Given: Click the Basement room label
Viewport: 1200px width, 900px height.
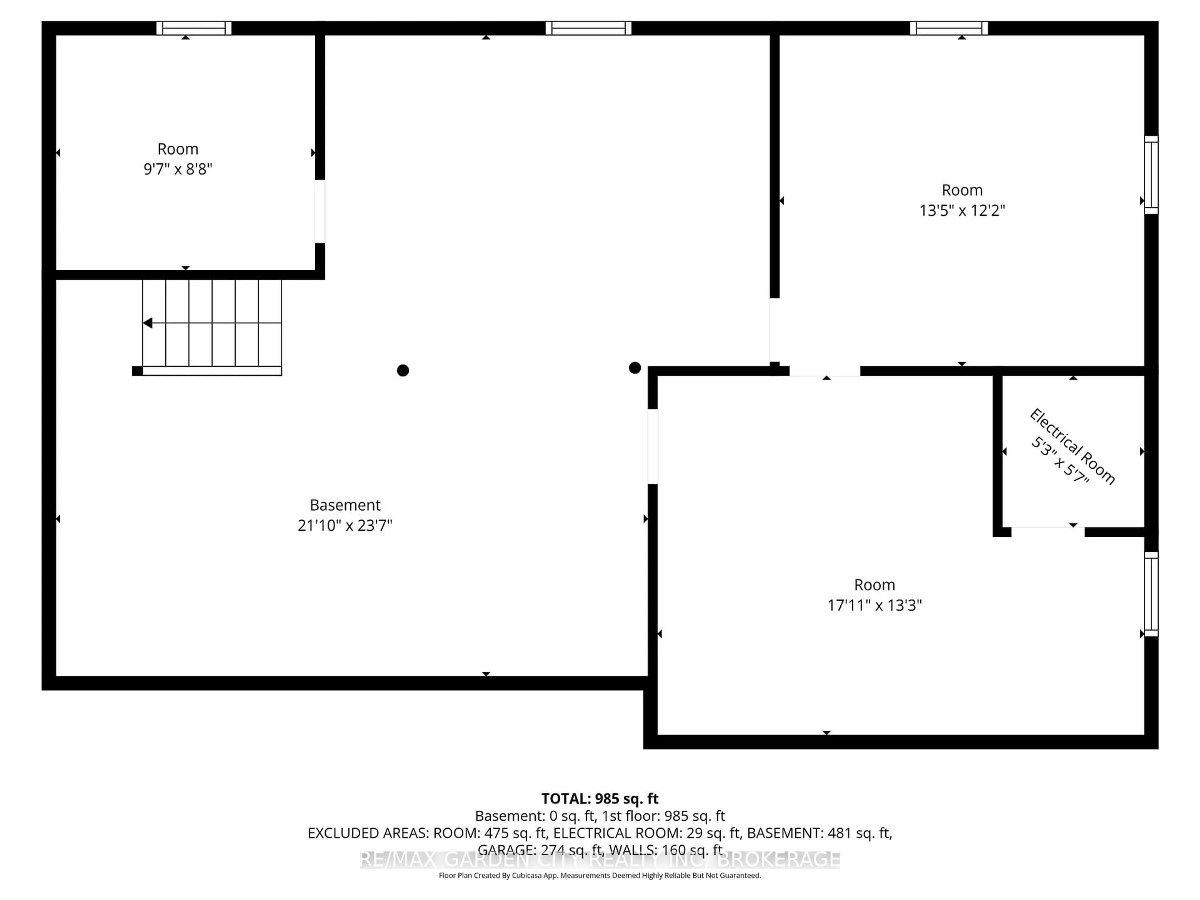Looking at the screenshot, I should point(345,505).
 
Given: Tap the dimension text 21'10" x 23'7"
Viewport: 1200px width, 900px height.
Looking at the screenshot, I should point(345,525).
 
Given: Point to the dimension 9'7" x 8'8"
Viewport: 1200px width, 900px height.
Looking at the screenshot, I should point(177,169).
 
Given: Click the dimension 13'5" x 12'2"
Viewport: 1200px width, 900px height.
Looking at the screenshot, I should point(962,211).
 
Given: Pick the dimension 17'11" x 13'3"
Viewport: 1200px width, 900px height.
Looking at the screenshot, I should point(874,605).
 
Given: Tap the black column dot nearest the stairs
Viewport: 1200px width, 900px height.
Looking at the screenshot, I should point(402,371).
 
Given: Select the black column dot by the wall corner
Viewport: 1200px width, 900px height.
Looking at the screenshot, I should point(635,368).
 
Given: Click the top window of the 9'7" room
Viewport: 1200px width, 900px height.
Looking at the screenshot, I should point(194,28).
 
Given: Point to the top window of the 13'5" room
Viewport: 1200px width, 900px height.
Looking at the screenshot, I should point(949,28).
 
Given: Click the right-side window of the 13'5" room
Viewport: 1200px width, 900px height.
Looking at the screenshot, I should point(1151,175).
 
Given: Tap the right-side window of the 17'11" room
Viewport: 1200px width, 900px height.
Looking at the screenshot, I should point(1151,594).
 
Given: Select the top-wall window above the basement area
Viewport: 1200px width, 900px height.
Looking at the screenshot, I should point(589,28).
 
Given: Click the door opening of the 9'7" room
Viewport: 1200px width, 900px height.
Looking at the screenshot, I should point(320,212).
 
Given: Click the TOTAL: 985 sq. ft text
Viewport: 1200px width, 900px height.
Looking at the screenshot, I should point(599,798).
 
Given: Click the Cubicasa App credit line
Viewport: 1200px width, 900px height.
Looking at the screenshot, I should point(599,876).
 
